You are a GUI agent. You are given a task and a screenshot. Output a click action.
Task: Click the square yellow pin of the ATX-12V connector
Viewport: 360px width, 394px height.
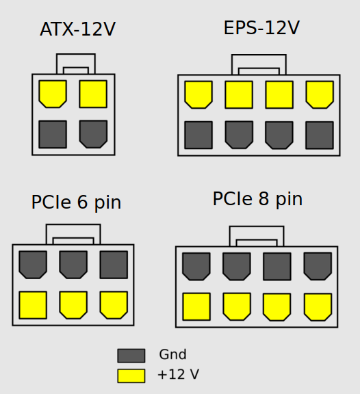pyautogui.click(x=93, y=94)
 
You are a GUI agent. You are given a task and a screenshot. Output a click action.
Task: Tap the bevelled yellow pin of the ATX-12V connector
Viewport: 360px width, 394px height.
pyautogui.click(x=53, y=94)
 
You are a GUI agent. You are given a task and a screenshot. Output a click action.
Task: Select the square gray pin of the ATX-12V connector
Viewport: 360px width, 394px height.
pyautogui.click(x=53, y=135)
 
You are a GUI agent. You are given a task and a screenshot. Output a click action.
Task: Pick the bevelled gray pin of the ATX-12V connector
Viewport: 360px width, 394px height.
pyautogui.click(x=93, y=134)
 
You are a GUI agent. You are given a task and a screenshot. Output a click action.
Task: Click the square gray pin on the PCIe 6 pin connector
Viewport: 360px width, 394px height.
pyautogui.click(x=114, y=265)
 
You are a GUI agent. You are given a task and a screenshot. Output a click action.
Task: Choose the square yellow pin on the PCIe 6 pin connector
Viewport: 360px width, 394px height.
pyautogui.click(x=33, y=305)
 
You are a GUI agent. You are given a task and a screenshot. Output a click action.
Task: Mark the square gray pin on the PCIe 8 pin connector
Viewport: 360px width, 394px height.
pyautogui.click(x=277, y=267)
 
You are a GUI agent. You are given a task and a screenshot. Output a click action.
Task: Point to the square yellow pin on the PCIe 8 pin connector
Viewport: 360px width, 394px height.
pyautogui.click(x=196, y=306)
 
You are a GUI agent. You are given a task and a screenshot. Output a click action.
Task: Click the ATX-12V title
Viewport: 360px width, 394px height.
pyautogui.click(x=78, y=29)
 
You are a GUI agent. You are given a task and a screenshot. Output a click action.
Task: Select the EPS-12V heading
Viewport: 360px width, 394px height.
pyautogui.click(x=261, y=27)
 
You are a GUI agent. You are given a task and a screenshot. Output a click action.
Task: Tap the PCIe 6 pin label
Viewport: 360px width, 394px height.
pyautogui.click(x=76, y=202)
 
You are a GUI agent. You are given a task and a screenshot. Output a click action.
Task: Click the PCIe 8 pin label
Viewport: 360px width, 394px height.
pyautogui.click(x=258, y=199)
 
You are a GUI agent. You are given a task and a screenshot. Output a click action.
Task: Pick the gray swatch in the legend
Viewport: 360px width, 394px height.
pyautogui.click(x=131, y=356)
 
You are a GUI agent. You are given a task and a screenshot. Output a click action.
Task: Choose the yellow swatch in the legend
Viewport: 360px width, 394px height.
pyautogui.click(x=131, y=376)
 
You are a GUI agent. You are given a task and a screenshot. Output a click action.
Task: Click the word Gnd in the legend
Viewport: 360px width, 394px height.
pyautogui.click(x=172, y=354)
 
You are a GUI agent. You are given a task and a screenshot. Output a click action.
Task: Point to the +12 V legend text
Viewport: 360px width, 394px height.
pyautogui.click(x=178, y=374)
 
